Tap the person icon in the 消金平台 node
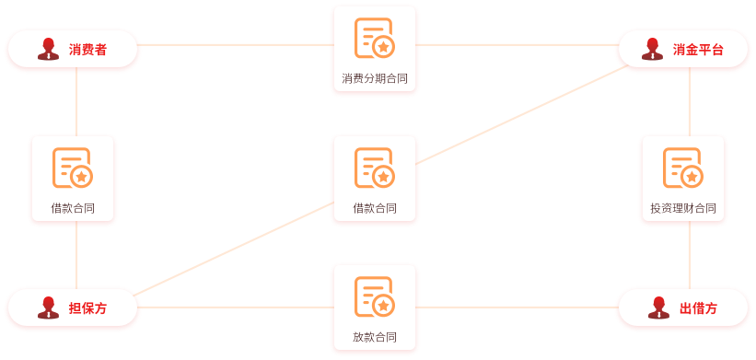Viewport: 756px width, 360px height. (653, 49)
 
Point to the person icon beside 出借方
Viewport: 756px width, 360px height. (658, 308)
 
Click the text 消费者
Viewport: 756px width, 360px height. (87, 50)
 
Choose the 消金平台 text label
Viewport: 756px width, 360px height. (698, 50)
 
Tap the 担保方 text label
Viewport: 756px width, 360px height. (87, 308)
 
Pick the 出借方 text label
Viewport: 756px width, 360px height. (698, 308)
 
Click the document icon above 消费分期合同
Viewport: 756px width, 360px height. (374, 39)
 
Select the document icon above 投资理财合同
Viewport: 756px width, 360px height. (682, 168)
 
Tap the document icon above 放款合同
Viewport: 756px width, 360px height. (374, 296)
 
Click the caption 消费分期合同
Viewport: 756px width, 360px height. (375, 79)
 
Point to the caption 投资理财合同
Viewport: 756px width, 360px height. (682, 209)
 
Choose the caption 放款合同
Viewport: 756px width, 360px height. (375, 337)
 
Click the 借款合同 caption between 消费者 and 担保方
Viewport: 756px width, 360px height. (73, 209)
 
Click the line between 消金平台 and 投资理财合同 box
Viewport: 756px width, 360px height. (690, 101)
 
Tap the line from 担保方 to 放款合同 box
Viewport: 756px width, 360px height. (235, 307)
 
